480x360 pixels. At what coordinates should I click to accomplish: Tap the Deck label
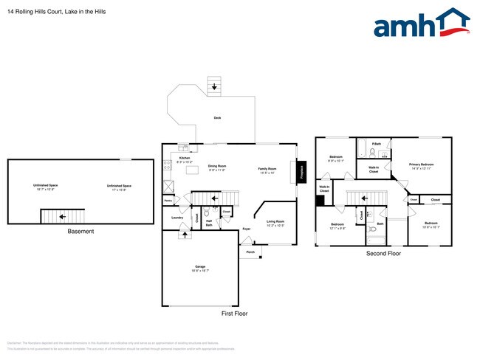pos(217,117)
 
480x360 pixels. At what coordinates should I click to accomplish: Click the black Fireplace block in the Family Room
pos(301,171)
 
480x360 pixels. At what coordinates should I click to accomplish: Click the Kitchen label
pos(185,159)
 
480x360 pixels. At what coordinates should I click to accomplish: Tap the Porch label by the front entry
pos(250,252)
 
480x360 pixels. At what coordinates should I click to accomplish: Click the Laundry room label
pos(176,218)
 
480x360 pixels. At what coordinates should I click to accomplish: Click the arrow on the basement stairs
pos(63,217)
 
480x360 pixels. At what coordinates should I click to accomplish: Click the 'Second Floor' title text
pos(383,253)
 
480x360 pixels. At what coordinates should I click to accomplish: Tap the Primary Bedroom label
pos(422,165)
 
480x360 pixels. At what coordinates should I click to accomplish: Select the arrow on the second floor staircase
pos(363,197)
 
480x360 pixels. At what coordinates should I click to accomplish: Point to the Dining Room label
pos(216,167)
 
